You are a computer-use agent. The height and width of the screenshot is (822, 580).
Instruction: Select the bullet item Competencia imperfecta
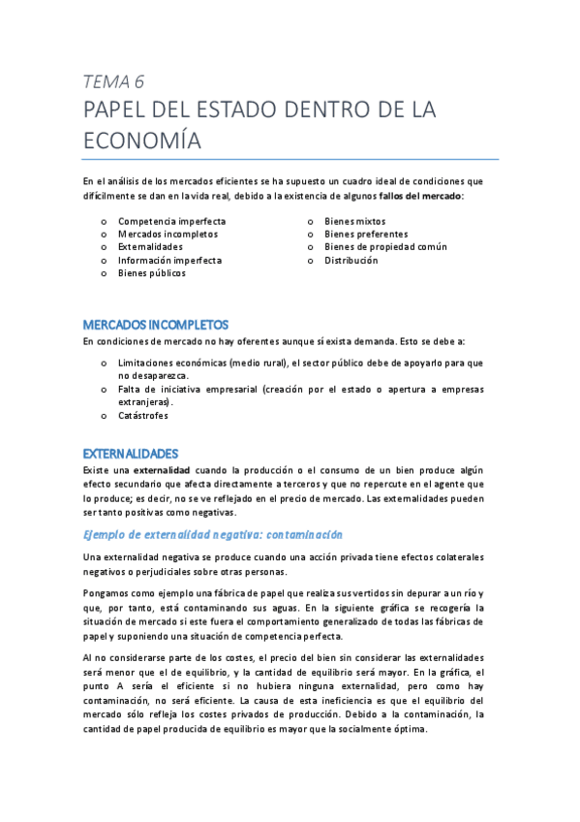click(171, 221)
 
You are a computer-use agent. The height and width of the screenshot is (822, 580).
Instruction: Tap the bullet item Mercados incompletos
click(168, 234)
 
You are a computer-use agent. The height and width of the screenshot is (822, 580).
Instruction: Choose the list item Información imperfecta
click(169, 260)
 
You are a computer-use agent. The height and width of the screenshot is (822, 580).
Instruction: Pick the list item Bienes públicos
click(151, 273)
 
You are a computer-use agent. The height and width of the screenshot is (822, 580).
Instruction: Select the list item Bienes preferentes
click(366, 234)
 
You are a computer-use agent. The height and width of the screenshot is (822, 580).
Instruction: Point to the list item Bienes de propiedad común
click(385, 247)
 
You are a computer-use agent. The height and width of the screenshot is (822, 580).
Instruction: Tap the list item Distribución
click(351, 260)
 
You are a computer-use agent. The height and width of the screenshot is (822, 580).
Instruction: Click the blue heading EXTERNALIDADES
click(131, 453)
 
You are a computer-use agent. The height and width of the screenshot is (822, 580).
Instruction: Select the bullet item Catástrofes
click(143, 415)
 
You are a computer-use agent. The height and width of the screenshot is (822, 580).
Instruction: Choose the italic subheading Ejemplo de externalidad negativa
click(212, 534)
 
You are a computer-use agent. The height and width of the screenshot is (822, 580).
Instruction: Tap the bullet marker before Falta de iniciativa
click(104, 389)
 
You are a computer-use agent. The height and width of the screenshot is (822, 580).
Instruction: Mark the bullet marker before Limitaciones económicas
click(104, 363)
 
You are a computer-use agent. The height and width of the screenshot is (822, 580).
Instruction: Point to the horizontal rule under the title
click(290, 159)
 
